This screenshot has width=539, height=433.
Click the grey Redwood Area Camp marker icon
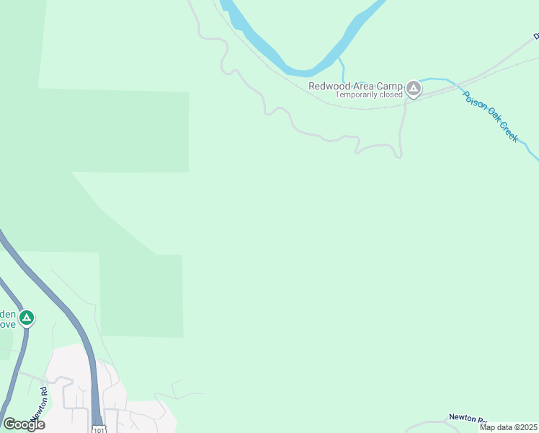[x=413, y=89]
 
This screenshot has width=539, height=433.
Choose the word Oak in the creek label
[x=490, y=119]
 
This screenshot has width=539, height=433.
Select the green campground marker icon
[x=27, y=318]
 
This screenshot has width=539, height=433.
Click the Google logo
[x=24, y=424]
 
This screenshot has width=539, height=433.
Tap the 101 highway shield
[x=98, y=429]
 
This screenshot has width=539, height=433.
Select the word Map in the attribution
[x=488, y=427]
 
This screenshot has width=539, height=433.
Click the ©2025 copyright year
[x=523, y=427]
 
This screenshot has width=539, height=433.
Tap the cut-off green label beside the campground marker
[x=8, y=318]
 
